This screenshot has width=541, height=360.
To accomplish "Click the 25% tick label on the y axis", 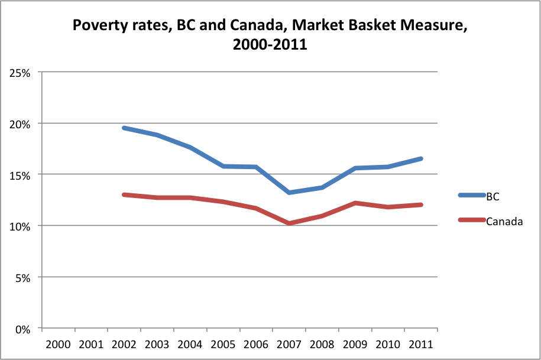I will coord(21,73).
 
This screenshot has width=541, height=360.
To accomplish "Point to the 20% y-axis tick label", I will coord(21,124).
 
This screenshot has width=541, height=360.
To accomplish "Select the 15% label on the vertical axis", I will coord(21,175).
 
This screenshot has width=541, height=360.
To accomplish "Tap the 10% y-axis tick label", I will coord(21,226).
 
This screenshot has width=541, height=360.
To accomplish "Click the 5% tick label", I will coord(24,277).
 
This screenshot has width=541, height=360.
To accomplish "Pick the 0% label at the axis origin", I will coord(24,329).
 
